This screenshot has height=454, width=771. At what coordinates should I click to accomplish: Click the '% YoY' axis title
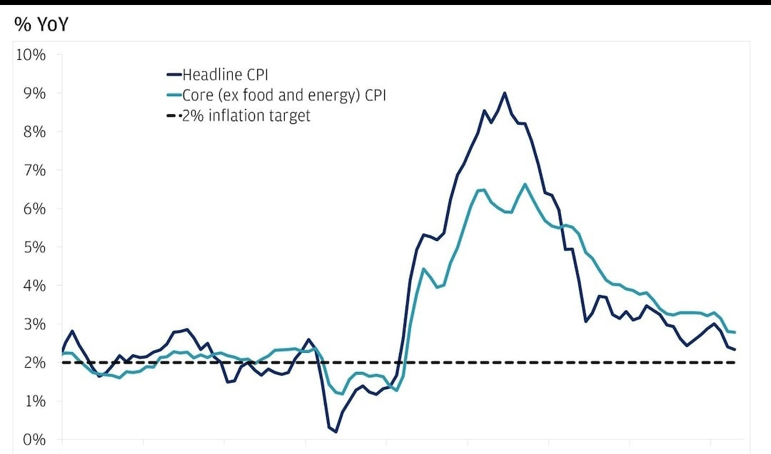41,25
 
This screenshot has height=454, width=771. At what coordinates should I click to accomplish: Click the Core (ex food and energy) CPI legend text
283,95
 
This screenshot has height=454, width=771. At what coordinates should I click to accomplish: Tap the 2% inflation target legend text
246,115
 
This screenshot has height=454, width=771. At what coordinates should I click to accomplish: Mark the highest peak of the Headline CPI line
504,93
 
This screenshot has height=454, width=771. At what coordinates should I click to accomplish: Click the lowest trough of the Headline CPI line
336,431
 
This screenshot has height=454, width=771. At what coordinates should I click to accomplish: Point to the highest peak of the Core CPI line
525,184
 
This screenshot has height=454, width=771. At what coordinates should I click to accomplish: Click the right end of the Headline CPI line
735,349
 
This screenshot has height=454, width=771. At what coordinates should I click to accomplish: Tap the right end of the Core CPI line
735,332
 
